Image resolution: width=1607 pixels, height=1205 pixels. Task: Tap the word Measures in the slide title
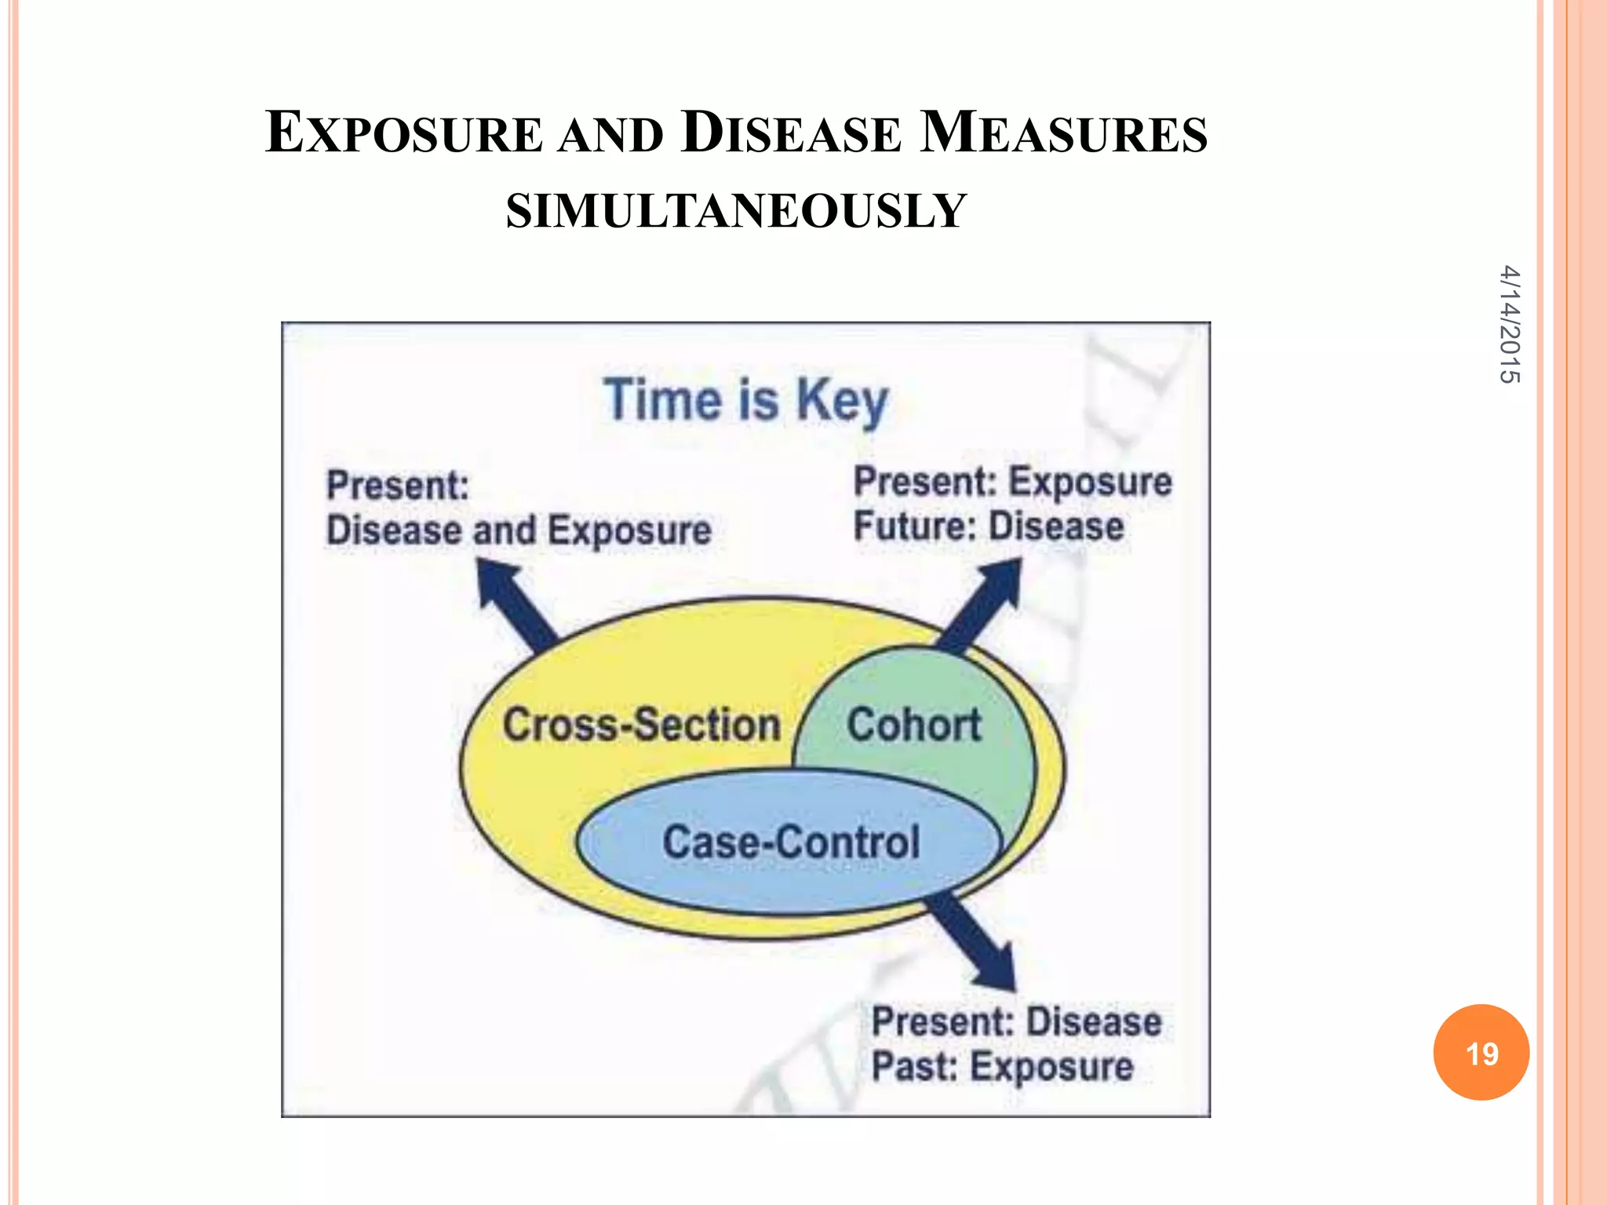[1063, 133]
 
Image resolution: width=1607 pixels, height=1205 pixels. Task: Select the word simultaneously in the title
[735, 210]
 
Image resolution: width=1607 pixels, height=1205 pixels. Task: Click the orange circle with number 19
[1481, 1052]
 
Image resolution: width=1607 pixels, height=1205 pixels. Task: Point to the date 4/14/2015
[1509, 325]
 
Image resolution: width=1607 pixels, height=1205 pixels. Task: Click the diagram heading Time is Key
[745, 400]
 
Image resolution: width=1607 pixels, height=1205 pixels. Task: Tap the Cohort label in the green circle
[914, 724]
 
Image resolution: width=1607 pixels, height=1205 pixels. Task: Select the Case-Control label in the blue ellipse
[791, 842]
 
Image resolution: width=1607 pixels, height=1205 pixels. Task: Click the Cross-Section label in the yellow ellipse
[641, 724]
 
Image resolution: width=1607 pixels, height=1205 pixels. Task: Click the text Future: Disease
[989, 526]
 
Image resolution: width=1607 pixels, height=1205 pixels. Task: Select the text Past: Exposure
[1003, 1067]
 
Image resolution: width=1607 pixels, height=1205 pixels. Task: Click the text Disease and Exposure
[519, 530]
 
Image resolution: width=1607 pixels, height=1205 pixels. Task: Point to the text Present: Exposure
[1012, 482]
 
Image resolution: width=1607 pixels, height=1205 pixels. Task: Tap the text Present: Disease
[1017, 1022]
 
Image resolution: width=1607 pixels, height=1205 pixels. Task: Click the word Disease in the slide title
[791, 133]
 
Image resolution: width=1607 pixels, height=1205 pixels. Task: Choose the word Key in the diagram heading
[842, 402]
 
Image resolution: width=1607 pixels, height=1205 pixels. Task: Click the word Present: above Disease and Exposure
[398, 485]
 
